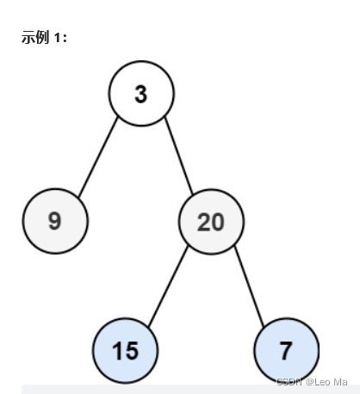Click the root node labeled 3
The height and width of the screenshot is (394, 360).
click(141, 93)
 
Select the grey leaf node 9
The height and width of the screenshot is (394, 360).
click(55, 221)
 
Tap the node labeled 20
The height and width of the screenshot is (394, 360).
click(211, 222)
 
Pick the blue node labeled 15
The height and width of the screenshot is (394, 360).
click(126, 351)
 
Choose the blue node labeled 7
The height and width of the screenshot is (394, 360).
click(287, 351)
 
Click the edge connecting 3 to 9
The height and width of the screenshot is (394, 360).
click(98, 157)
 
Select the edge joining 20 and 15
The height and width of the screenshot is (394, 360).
click(169, 286)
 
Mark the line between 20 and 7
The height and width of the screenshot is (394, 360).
click(250, 286)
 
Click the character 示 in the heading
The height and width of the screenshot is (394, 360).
click(28, 39)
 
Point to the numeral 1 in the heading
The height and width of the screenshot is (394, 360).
click(57, 39)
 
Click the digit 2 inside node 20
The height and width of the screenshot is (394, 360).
click(203, 222)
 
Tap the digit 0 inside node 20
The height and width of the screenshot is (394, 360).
click(218, 222)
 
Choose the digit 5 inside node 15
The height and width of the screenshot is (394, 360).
click(132, 351)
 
